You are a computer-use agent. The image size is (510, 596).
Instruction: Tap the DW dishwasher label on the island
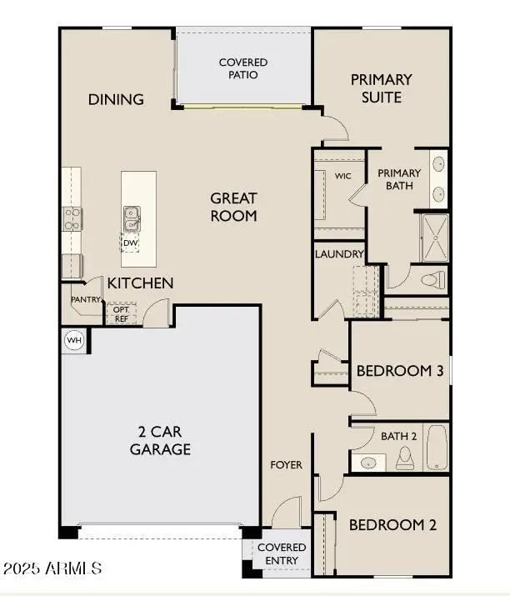pyautogui.click(x=129, y=243)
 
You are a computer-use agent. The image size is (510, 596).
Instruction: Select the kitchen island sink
pyautogui.click(x=132, y=218)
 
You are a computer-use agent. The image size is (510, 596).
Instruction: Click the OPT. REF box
pyautogui.click(x=120, y=313)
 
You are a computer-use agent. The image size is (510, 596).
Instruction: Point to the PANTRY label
pyautogui.click(x=86, y=299)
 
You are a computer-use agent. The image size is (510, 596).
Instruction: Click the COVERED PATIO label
pyautogui.click(x=243, y=68)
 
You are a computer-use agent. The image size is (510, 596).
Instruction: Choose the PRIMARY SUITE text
pyautogui.click(x=381, y=88)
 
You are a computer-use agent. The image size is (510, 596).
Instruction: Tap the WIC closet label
pyautogui.click(x=342, y=177)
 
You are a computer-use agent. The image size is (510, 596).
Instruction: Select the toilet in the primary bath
pyautogui.click(x=432, y=278)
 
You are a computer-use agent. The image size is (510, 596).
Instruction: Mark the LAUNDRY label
pyautogui.click(x=339, y=254)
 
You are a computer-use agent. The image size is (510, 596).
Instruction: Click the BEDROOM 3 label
pyautogui.click(x=399, y=370)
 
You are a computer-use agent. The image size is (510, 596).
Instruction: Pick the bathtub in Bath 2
pyautogui.click(x=437, y=448)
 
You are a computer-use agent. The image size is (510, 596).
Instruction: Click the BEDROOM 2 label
pyautogui.click(x=392, y=525)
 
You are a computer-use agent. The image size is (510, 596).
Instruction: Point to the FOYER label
pyautogui.click(x=286, y=464)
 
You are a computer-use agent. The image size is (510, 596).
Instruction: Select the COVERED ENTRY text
pyautogui.click(x=281, y=553)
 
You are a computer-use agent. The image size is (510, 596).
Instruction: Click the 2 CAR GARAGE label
pyautogui.click(x=160, y=440)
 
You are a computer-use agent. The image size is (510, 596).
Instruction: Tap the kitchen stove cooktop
pyautogui.click(x=71, y=218)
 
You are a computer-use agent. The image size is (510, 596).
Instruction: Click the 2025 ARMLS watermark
pyautogui.click(x=52, y=568)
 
